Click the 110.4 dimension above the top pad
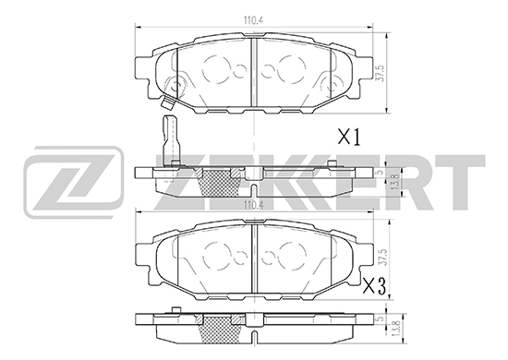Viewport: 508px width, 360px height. tap(253, 20)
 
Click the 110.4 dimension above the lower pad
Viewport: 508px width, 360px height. tap(253, 205)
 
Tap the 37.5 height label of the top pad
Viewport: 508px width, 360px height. tap(380, 74)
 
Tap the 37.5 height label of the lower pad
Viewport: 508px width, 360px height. tap(384, 258)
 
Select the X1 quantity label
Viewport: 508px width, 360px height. tap(349, 138)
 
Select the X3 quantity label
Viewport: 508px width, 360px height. tap(375, 286)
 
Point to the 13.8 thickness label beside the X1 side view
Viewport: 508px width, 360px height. tap(395, 182)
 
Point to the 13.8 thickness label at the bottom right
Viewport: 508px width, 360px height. tap(395, 329)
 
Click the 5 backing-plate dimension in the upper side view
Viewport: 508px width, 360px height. tap(381, 173)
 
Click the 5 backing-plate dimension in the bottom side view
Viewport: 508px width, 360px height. tap(381, 318)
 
